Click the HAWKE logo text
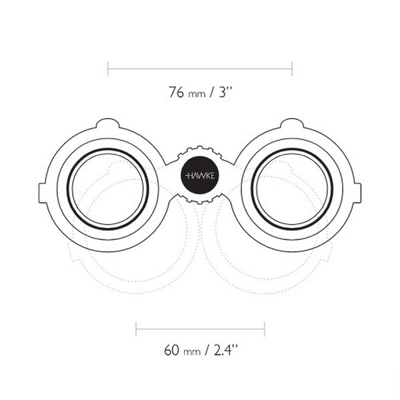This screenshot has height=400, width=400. coord(200,175)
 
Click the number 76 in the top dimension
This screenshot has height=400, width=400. coord(176,92)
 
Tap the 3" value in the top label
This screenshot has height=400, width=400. coord(225,92)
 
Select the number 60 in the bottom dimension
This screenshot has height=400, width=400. coord(171,350)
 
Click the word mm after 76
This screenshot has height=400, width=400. coord(197,94)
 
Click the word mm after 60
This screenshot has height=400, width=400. coord(192,352)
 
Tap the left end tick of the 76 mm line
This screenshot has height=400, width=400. coord(108,69)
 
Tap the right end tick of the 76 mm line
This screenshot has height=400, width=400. coord(292,69)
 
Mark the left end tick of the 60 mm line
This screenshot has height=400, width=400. coord(136,329)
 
